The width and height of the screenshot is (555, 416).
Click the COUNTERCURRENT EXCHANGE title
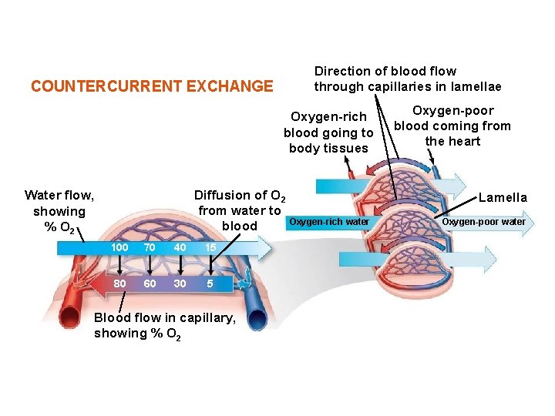(x=152, y=86)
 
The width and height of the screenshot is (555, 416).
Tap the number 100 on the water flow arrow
(x=119, y=248)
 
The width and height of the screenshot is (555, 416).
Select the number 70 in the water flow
(x=150, y=248)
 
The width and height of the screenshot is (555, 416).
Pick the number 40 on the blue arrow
(x=180, y=248)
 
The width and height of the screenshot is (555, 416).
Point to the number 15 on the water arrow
(x=210, y=248)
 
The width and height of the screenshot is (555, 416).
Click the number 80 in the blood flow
(x=119, y=283)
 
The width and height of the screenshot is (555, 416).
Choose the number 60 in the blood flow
(x=150, y=283)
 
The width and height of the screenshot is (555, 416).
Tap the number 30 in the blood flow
(x=180, y=283)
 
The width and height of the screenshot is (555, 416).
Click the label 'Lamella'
(x=503, y=198)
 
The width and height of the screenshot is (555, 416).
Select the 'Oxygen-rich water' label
(x=329, y=223)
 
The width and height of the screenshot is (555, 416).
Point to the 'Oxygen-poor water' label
(x=483, y=223)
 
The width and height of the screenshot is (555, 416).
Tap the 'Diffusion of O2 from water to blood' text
(x=240, y=210)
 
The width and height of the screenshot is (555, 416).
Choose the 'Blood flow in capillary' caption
(x=164, y=325)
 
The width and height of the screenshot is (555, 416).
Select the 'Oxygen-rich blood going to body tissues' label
(x=328, y=133)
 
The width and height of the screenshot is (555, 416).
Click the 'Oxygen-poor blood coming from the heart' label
(x=452, y=126)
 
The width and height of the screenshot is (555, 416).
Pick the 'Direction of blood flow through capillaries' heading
(x=407, y=79)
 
